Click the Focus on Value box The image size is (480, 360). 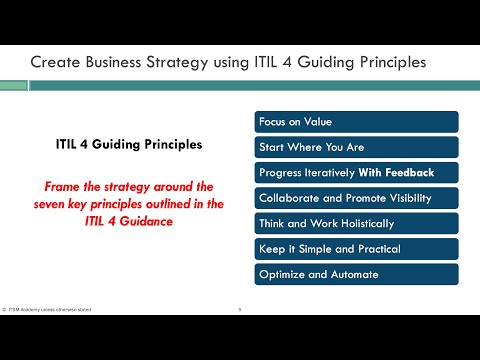356,121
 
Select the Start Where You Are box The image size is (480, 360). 356,146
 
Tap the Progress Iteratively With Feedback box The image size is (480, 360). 356,172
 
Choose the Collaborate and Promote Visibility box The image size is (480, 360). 356,197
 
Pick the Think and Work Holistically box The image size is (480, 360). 356,223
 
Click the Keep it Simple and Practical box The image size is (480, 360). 356,248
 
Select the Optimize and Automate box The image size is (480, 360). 356,274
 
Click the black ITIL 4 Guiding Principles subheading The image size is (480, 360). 128,144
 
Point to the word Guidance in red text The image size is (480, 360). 140,222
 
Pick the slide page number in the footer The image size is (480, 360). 240,310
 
